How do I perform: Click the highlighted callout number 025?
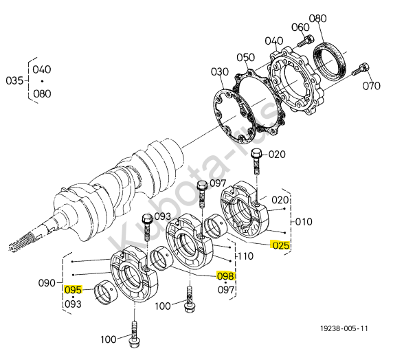coord(281,245)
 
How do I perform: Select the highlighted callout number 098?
coord(225,276)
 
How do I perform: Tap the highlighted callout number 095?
coord(73,290)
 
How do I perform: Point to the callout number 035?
coord(14,80)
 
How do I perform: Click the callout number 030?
coord(220,71)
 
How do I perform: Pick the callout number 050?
coord(246,58)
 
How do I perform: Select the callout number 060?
coord(300,27)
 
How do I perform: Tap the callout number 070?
coord(371,86)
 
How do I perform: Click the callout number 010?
coord(304,222)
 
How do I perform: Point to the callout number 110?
coord(246,256)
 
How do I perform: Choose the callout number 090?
coord(47,283)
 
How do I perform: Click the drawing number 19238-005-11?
coord(344,328)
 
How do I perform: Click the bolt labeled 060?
coord(306,41)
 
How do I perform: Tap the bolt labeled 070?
coord(361,69)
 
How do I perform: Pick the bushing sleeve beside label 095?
coord(105,292)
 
